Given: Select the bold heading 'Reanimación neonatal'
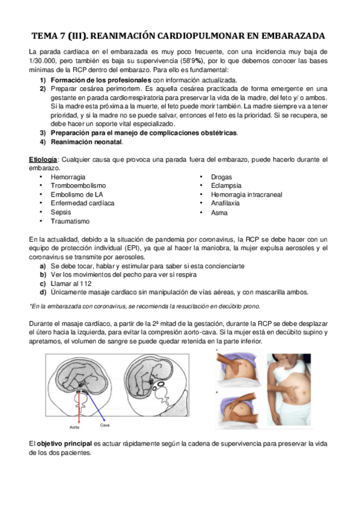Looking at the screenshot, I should (x=87, y=142).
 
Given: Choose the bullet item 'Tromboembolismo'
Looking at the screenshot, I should (x=78, y=186).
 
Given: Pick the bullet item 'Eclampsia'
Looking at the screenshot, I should (x=225, y=186).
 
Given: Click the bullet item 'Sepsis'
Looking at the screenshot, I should (x=61, y=212).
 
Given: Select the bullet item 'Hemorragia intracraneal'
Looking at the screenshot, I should (x=246, y=195).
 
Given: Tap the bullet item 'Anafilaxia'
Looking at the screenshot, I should (x=226, y=203).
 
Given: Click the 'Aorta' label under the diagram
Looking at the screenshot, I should (x=74, y=428).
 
